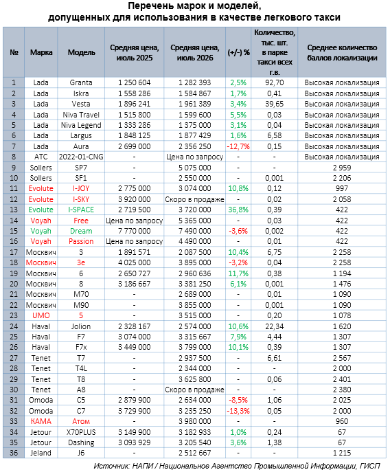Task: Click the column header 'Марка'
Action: pos(41,52)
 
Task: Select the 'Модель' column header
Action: pos(81,52)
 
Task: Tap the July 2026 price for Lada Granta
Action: pos(195,82)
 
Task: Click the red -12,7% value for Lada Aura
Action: pos(238,146)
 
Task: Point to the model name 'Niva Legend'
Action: pos(81,125)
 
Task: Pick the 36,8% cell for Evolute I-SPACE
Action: pos(238,210)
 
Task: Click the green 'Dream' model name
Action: pos(81,231)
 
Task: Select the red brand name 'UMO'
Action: pos(41,315)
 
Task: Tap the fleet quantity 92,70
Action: pos(275,82)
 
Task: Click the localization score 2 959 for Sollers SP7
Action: pos(342,168)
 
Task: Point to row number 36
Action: pos(14,453)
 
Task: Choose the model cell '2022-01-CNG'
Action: pos(81,157)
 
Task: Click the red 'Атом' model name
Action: pos(81,421)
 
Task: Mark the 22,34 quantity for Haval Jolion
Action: pos(275,326)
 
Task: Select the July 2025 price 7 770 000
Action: pos(134,231)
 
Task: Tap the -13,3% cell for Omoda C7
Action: pos(238,411)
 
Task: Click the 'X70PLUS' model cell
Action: pos(81,432)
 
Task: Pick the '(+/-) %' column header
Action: pos(238,52)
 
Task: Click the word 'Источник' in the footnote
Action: pos(111,466)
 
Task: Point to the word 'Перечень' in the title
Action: pos(148,5)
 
